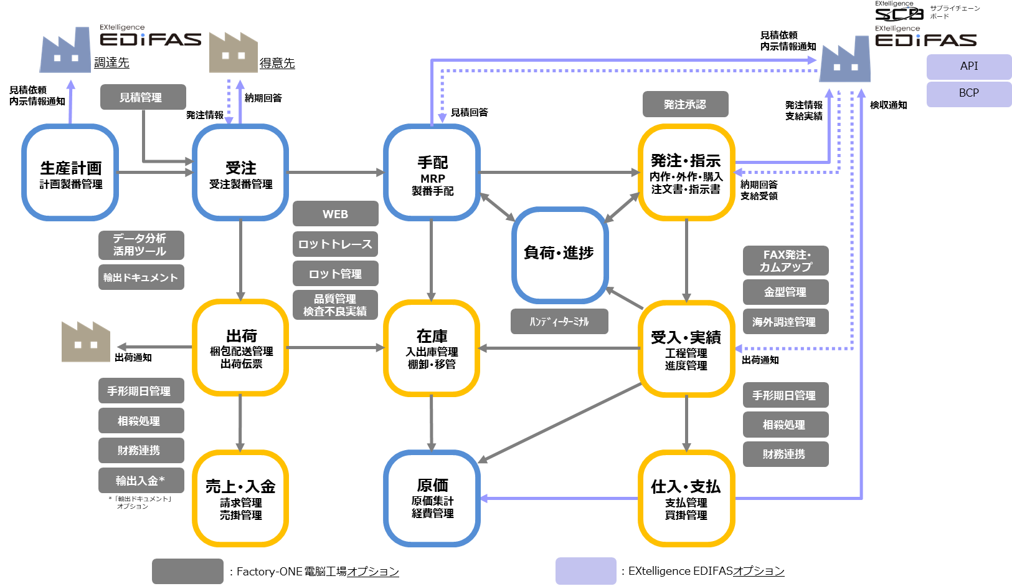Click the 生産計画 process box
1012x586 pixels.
point(70,173)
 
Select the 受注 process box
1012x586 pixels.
point(240,173)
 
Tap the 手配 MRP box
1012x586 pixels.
point(432,173)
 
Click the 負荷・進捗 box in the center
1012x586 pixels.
point(559,254)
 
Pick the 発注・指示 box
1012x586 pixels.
point(686,173)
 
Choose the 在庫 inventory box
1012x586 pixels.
point(432,348)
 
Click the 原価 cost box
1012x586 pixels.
point(432,498)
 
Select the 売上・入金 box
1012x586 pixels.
point(240,499)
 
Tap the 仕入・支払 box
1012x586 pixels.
point(686,499)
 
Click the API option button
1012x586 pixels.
point(968,67)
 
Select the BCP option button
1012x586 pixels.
point(968,94)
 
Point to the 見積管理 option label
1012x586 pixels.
point(141,98)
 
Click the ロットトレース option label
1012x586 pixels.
point(335,244)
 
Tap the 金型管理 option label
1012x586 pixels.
point(785,292)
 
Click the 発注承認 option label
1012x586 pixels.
point(684,105)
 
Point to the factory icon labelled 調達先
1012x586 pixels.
point(65,51)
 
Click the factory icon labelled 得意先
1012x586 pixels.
point(233,52)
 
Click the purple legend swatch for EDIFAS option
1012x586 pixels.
point(585,571)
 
